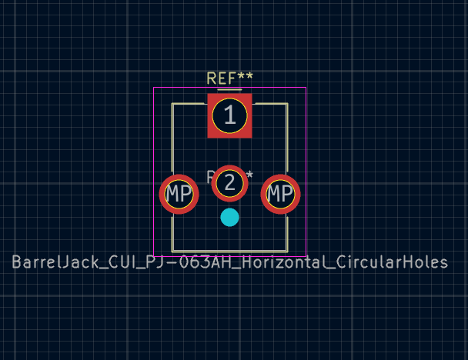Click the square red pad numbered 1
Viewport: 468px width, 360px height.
pyautogui.click(x=229, y=115)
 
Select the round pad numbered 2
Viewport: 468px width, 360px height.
pyautogui.click(x=229, y=183)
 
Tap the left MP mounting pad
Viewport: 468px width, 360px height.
pyautogui.click(x=179, y=194)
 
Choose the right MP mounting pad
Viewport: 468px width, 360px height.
pyautogui.click(x=280, y=194)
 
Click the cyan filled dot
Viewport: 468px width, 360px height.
pyautogui.click(x=229, y=218)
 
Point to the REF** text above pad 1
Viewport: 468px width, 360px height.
pyautogui.click(x=229, y=78)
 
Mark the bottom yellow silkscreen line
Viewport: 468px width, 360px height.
pyautogui.click(x=229, y=251)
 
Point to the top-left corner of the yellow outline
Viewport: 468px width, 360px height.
pyautogui.click(x=172, y=104)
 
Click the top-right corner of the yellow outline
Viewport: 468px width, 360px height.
pyautogui.click(x=287, y=104)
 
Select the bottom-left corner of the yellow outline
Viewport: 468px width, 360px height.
pyautogui.click(x=172, y=251)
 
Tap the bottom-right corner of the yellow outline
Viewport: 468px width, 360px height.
pyautogui.click(x=287, y=251)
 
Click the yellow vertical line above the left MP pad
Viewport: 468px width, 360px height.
pyautogui.click(x=172, y=138)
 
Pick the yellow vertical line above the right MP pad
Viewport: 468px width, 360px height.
pyautogui.click(x=287, y=138)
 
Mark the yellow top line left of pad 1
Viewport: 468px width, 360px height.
pyautogui.click(x=189, y=104)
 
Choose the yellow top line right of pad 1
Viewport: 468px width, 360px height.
pyautogui.click(x=270, y=104)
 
